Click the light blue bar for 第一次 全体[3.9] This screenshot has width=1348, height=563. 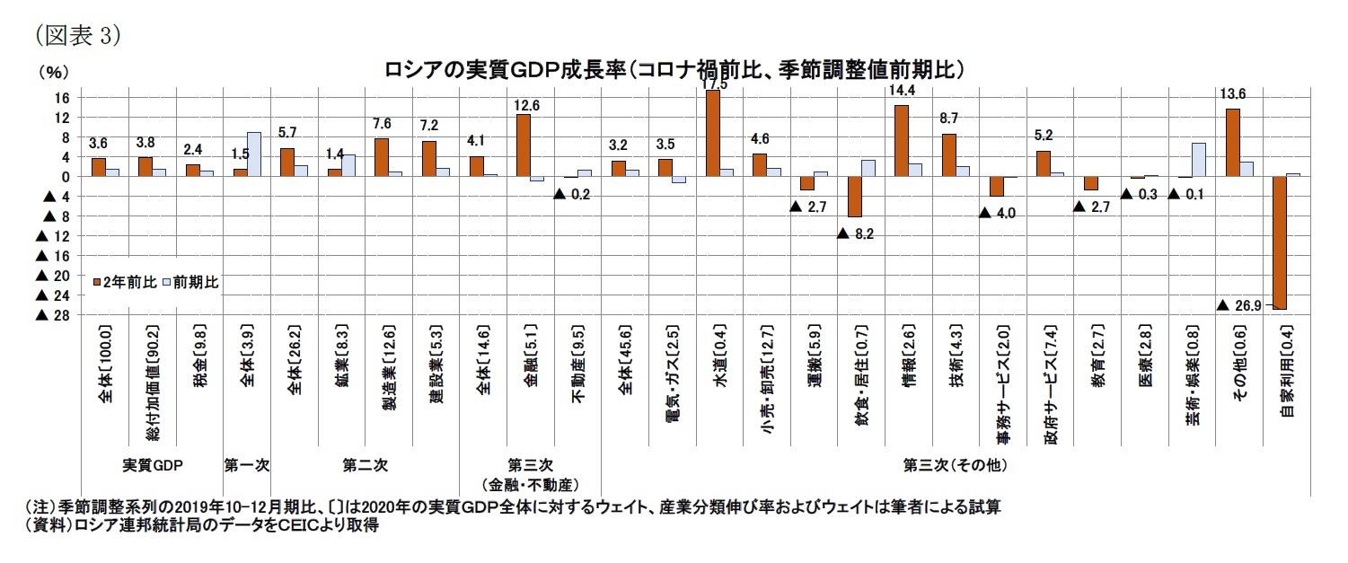253,154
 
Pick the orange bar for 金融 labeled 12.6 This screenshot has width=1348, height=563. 524,145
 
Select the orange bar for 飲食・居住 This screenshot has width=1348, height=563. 854,197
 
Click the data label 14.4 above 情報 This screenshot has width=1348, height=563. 901,91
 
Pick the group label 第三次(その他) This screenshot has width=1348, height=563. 955,466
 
